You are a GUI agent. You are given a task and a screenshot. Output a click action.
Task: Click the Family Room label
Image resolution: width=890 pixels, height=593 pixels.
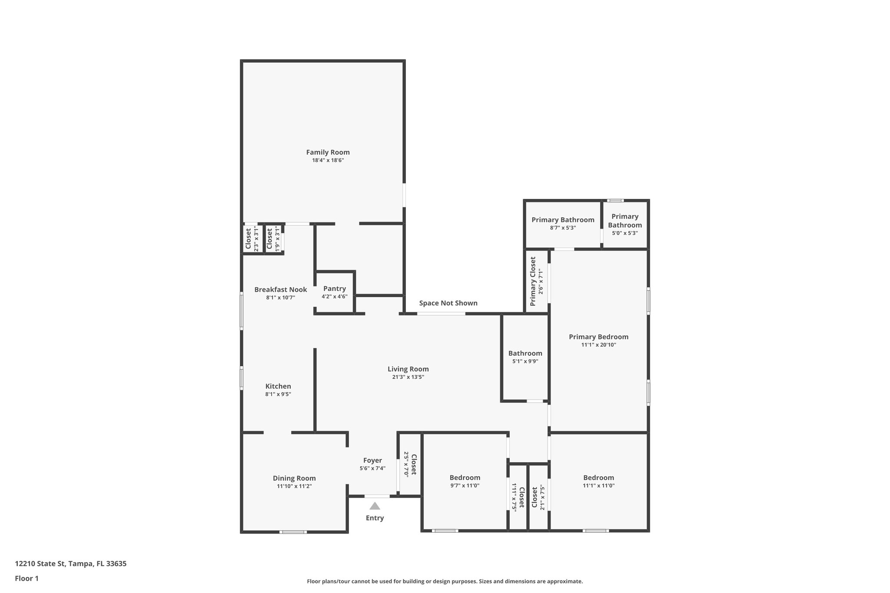[x=328, y=152]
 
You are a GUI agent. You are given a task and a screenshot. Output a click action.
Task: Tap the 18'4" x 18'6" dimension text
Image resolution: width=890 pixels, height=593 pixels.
[x=328, y=160]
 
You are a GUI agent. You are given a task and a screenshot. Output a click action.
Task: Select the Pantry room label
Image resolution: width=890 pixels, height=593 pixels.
[x=334, y=288]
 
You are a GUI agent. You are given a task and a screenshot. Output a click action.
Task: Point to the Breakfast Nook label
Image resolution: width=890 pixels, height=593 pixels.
[x=280, y=290]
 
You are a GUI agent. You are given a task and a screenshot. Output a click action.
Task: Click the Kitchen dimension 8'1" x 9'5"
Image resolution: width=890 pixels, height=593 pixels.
[x=278, y=394]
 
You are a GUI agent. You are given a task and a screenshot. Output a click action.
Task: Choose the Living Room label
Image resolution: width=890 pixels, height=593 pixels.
[x=408, y=369]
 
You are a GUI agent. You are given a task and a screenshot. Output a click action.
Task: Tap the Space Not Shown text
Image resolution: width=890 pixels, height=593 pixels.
[x=448, y=303]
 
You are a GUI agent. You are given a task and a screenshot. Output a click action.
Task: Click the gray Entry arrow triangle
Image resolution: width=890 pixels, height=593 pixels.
[x=375, y=506]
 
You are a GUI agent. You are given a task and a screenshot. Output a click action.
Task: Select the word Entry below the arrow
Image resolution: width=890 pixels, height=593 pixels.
[x=375, y=518]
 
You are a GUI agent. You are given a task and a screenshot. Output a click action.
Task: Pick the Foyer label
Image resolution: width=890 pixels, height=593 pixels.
[x=372, y=460]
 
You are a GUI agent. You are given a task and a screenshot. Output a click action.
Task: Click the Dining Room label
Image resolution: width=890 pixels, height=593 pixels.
[x=294, y=478]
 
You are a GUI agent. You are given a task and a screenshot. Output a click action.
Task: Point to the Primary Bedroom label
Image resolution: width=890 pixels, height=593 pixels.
[x=598, y=337]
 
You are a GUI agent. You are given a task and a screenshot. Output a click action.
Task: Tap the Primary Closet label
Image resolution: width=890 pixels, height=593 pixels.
[x=533, y=281]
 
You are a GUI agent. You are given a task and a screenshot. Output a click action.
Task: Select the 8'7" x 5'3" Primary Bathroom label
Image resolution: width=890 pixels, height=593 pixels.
[x=563, y=220]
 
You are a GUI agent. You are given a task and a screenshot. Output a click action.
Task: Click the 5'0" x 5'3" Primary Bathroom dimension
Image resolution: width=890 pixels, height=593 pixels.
[x=624, y=233]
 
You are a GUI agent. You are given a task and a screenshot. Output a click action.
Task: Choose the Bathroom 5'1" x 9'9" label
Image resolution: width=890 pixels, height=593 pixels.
[x=525, y=353]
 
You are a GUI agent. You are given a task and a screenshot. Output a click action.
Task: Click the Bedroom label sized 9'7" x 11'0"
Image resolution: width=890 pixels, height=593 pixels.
[x=465, y=478]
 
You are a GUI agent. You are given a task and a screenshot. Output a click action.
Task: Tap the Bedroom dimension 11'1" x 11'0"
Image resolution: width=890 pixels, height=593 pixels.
[x=598, y=486]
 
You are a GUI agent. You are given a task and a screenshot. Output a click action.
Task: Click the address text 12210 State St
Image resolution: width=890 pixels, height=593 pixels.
[x=70, y=564]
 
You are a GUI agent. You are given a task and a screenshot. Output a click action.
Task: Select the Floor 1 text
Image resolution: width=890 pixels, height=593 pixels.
[x=27, y=579]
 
